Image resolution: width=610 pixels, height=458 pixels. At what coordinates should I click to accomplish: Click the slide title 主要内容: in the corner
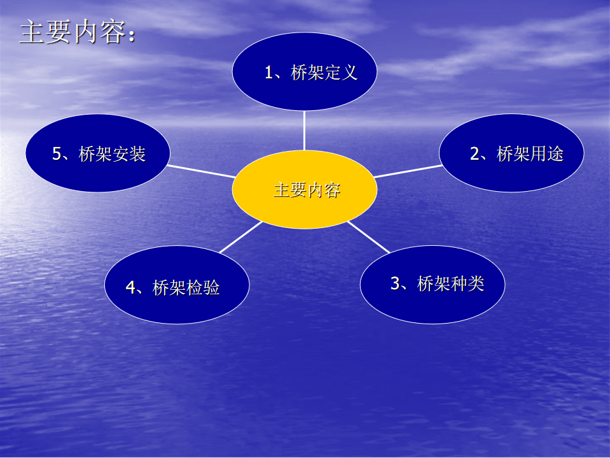78,32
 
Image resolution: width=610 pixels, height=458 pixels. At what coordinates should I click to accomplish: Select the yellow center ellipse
305,189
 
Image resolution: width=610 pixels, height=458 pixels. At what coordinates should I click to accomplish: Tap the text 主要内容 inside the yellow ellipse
307,190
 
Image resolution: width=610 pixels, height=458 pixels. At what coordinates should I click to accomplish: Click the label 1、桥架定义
311,73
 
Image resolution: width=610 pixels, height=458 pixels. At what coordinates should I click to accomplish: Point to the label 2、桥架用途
516,154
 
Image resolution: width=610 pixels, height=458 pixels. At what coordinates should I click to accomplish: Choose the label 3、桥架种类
437,283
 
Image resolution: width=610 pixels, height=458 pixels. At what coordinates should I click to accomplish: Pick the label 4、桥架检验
172,288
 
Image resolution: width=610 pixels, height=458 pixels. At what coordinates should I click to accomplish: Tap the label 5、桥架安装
99,154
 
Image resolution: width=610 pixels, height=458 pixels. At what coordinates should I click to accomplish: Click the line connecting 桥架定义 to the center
304,131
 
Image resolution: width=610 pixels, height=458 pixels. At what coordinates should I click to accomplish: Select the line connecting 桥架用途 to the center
408,171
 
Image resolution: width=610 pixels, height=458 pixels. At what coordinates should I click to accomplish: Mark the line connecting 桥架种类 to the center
368,237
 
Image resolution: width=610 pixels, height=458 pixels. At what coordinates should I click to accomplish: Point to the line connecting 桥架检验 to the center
241,237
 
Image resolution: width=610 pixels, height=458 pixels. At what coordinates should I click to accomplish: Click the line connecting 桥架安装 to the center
201,171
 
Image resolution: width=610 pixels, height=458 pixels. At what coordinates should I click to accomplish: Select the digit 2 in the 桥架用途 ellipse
475,154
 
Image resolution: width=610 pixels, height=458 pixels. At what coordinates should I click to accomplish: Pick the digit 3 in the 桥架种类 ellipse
395,283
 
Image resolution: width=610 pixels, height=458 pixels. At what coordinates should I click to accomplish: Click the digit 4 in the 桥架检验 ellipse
131,288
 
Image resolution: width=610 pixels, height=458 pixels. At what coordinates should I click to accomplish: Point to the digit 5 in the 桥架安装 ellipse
57,154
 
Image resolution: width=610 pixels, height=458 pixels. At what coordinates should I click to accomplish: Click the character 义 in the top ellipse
350,73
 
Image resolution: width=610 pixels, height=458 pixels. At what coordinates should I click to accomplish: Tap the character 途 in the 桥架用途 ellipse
555,154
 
